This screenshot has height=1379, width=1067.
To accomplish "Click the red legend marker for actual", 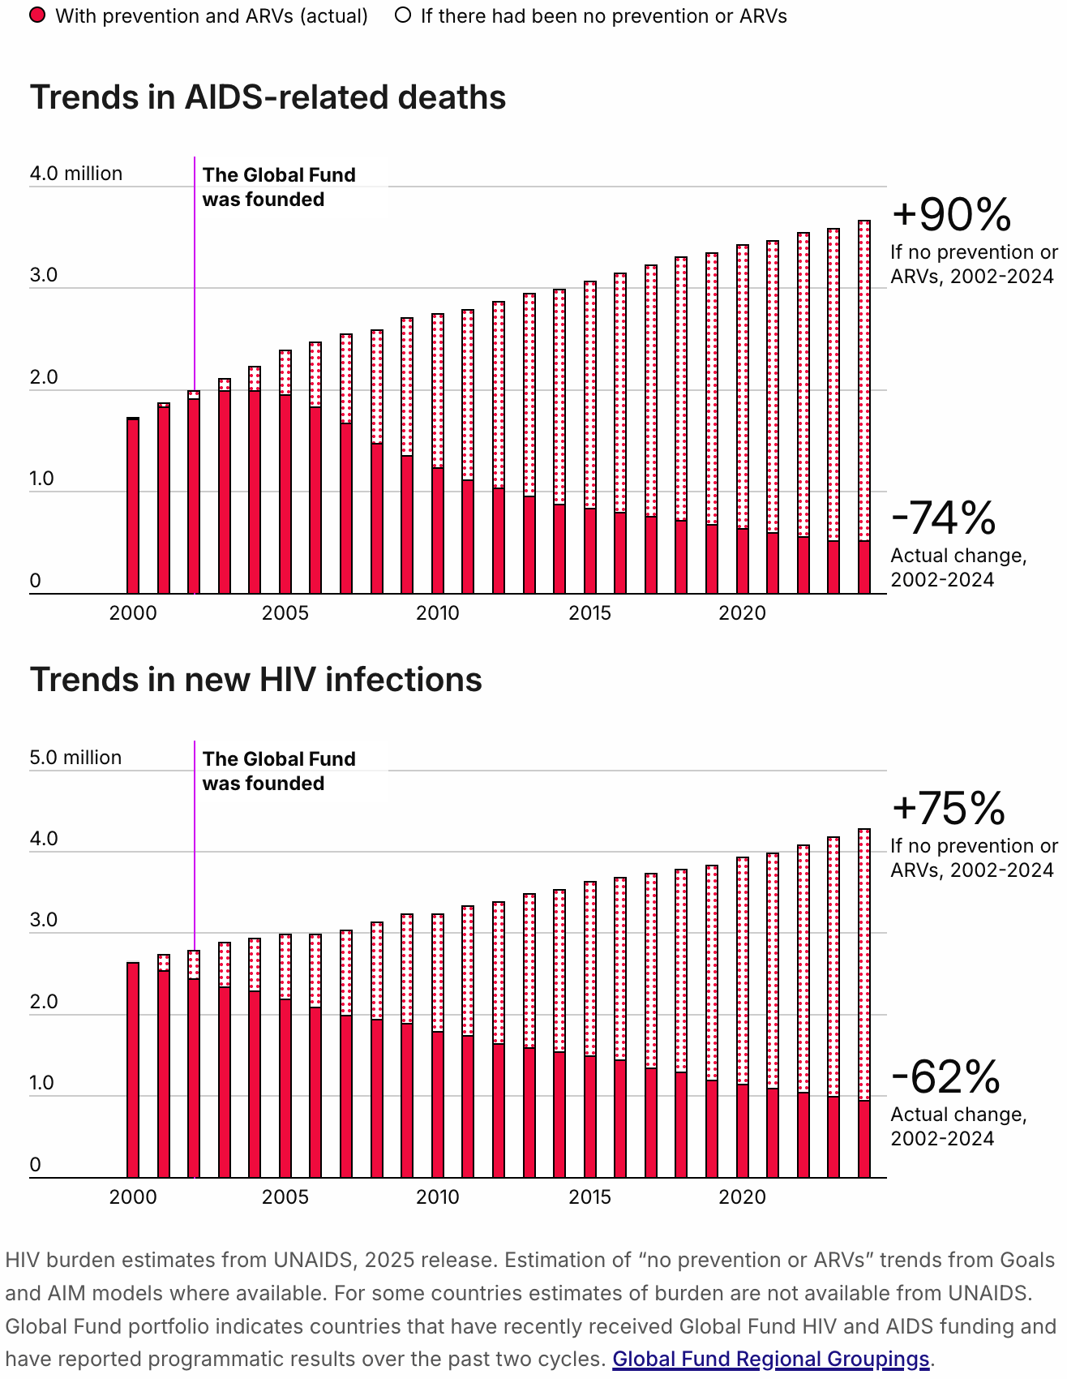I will point(37,15).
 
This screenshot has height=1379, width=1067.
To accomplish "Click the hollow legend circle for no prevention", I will point(403,15).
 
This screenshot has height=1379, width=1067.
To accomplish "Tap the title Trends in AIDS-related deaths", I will point(268,97).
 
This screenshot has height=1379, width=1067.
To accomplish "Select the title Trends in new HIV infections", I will point(255,680).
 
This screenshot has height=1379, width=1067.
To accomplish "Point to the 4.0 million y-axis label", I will point(75,174).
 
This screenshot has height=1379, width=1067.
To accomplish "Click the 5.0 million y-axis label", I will point(75,758).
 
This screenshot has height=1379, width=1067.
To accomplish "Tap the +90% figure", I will point(951,215).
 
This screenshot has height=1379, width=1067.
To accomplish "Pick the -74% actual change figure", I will point(943,518).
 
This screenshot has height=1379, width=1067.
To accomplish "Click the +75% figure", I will point(948,809).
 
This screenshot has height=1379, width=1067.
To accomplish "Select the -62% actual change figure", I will point(945,1077).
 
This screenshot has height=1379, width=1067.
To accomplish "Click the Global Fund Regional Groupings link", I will point(770,1359).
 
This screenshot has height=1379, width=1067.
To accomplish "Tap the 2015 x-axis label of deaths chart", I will point(589,613).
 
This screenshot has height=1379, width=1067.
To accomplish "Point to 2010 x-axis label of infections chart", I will point(437,1197).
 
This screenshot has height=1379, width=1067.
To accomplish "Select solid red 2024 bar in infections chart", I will point(864,1139).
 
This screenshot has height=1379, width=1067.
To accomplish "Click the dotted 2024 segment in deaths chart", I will point(864,381).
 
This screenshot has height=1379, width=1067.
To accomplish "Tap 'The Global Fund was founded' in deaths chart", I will point(278,187).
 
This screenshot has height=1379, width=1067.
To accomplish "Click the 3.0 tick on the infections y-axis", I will point(44,920).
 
